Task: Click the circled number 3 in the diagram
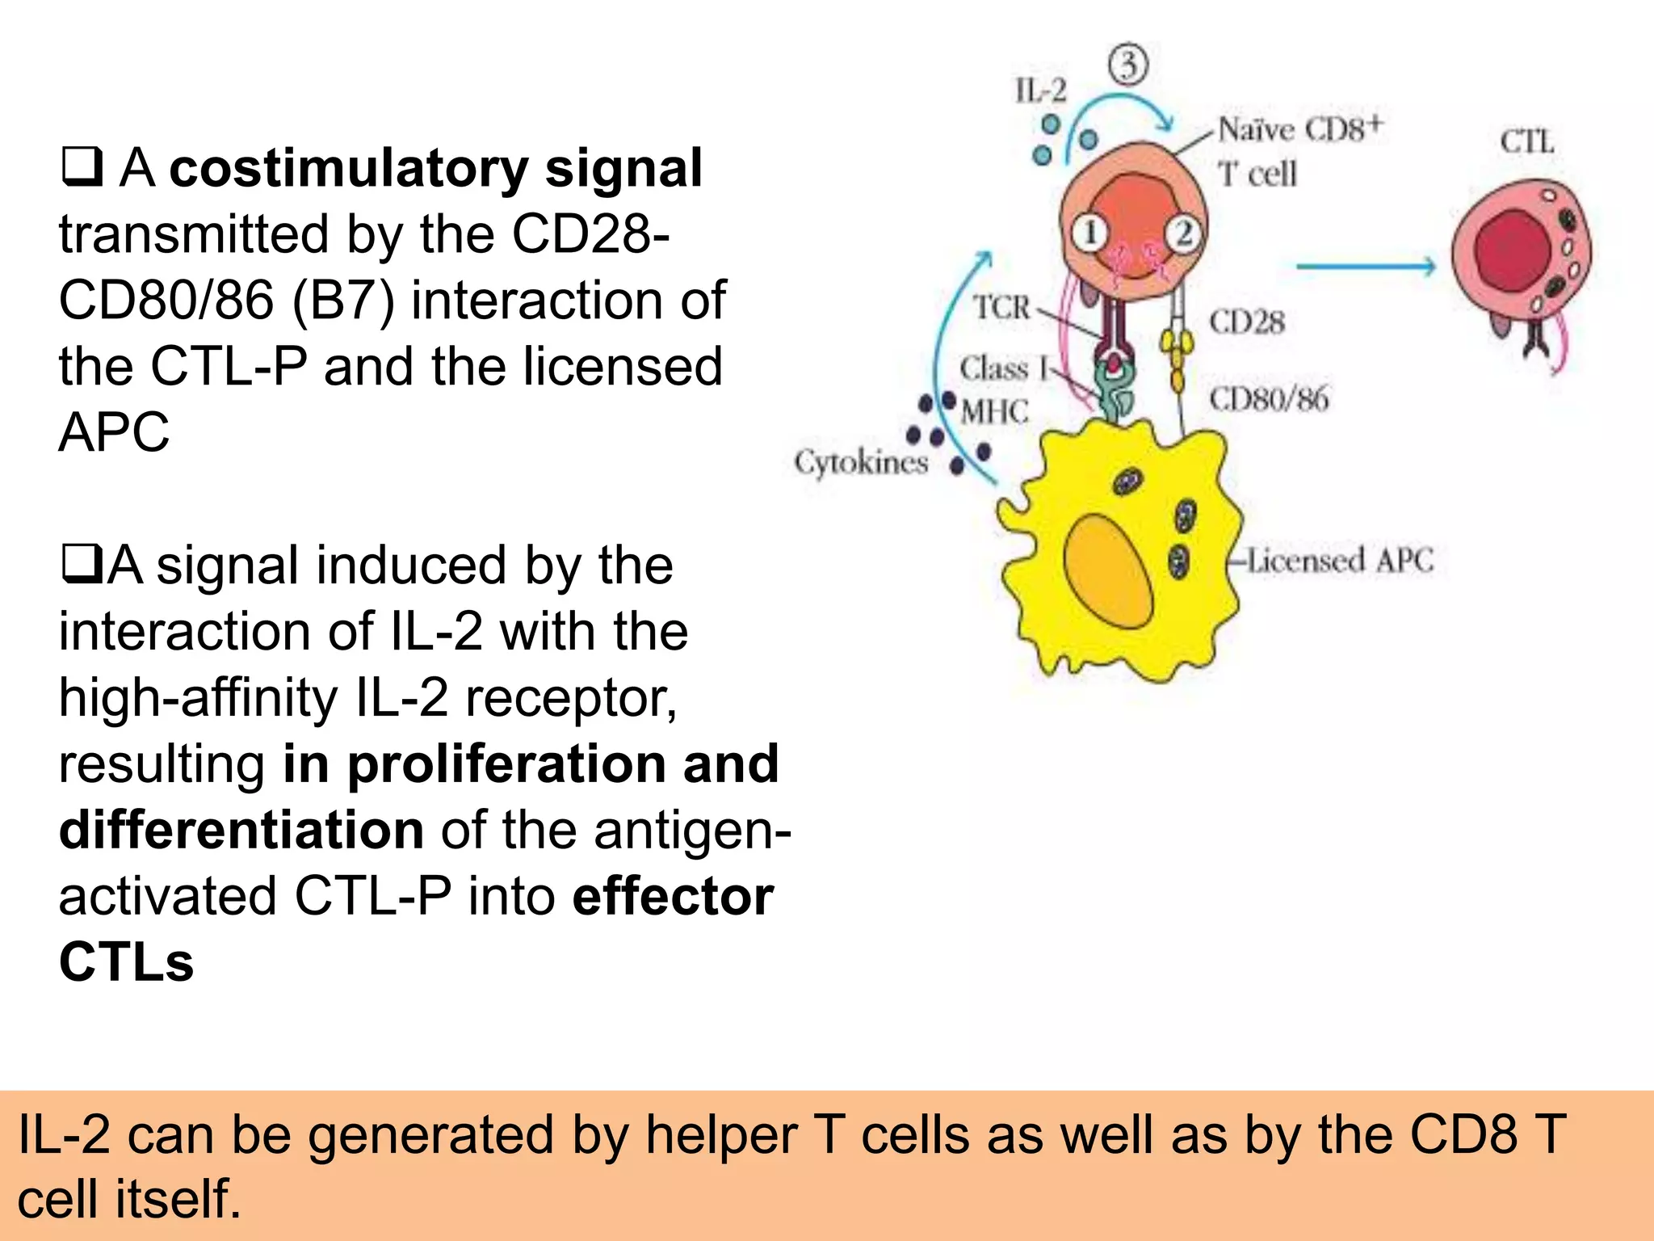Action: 1128,65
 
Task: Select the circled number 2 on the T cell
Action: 1184,233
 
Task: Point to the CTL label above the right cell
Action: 1527,142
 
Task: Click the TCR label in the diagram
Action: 1001,308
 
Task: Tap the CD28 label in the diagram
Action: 1246,322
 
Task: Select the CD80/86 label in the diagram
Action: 1268,398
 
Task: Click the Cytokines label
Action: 861,462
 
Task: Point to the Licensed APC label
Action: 1340,561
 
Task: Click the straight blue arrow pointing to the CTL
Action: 1365,267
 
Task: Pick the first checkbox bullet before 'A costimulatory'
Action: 82,167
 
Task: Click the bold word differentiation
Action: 241,831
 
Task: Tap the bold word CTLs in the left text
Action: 127,962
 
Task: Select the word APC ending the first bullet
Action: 114,432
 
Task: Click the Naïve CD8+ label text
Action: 1300,129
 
